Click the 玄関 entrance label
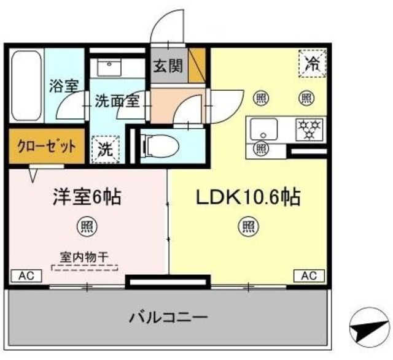tap(167, 65)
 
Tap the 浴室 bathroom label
tap(63, 85)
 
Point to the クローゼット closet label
tap(47, 147)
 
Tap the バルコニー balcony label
tap(168, 318)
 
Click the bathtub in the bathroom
tap(26, 86)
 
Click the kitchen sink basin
tap(263, 129)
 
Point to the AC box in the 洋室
tap(26, 276)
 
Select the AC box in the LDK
tap(308, 275)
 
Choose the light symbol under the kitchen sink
tap(261, 148)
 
